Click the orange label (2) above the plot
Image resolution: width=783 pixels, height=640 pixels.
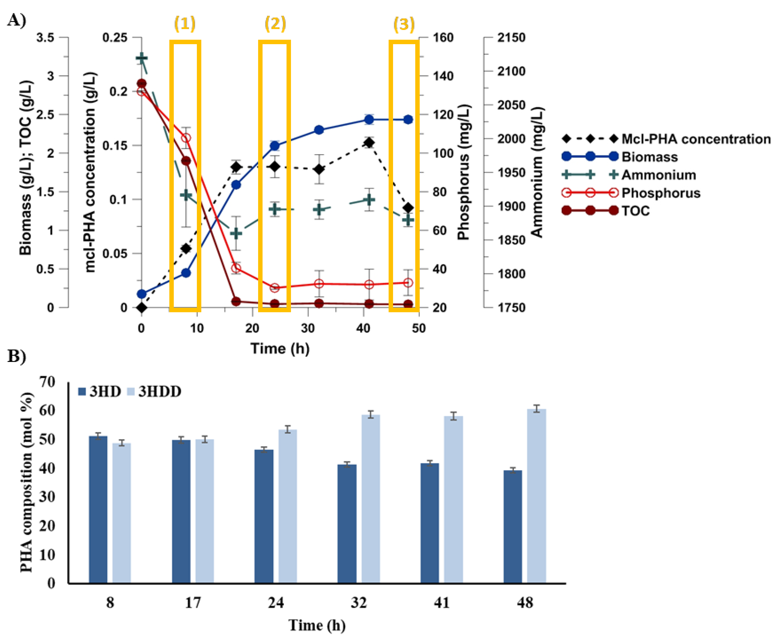click(x=275, y=24)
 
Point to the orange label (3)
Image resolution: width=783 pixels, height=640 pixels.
click(x=404, y=24)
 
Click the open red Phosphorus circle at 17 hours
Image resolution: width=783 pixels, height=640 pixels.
click(x=236, y=268)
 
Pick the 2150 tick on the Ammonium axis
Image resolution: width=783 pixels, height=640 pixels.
click(x=511, y=38)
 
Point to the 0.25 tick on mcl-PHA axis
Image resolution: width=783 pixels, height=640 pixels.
click(x=115, y=38)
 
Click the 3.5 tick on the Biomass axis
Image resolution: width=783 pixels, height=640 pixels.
click(x=45, y=38)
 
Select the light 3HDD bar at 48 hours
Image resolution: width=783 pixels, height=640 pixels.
click(x=536, y=496)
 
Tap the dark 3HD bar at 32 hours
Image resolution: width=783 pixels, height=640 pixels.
click(x=347, y=523)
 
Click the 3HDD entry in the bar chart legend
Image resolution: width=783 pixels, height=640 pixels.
click(x=159, y=391)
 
